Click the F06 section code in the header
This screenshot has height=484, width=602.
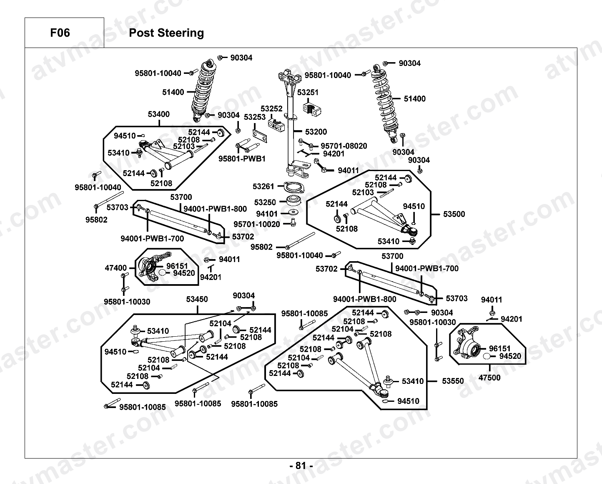(x=60, y=33)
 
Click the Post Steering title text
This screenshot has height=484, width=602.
(x=166, y=33)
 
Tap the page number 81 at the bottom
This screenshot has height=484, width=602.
(x=301, y=466)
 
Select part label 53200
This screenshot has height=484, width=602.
(x=316, y=131)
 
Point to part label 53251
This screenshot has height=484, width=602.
(x=307, y=92)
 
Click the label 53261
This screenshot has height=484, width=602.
(x=263, y=187)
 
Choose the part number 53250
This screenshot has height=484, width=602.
(x=265, y=202)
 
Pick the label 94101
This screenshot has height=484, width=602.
(x=267, y=214)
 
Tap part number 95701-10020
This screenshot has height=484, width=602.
(x=257, y=224)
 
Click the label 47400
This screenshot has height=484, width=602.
(x=115, y=268)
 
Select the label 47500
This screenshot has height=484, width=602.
(x=489, y=378)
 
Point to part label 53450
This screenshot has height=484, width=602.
(x=197, y=299)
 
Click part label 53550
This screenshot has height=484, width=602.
(x=453, y=381)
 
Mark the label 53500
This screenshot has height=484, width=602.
(x=454, y=214)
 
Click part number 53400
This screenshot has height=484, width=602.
(x=158, y=114)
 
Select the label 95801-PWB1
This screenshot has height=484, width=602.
(x=242, y=159)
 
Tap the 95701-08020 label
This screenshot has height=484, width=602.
(x=344, y=146)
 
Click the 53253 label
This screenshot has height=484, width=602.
(x=255, y=117)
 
